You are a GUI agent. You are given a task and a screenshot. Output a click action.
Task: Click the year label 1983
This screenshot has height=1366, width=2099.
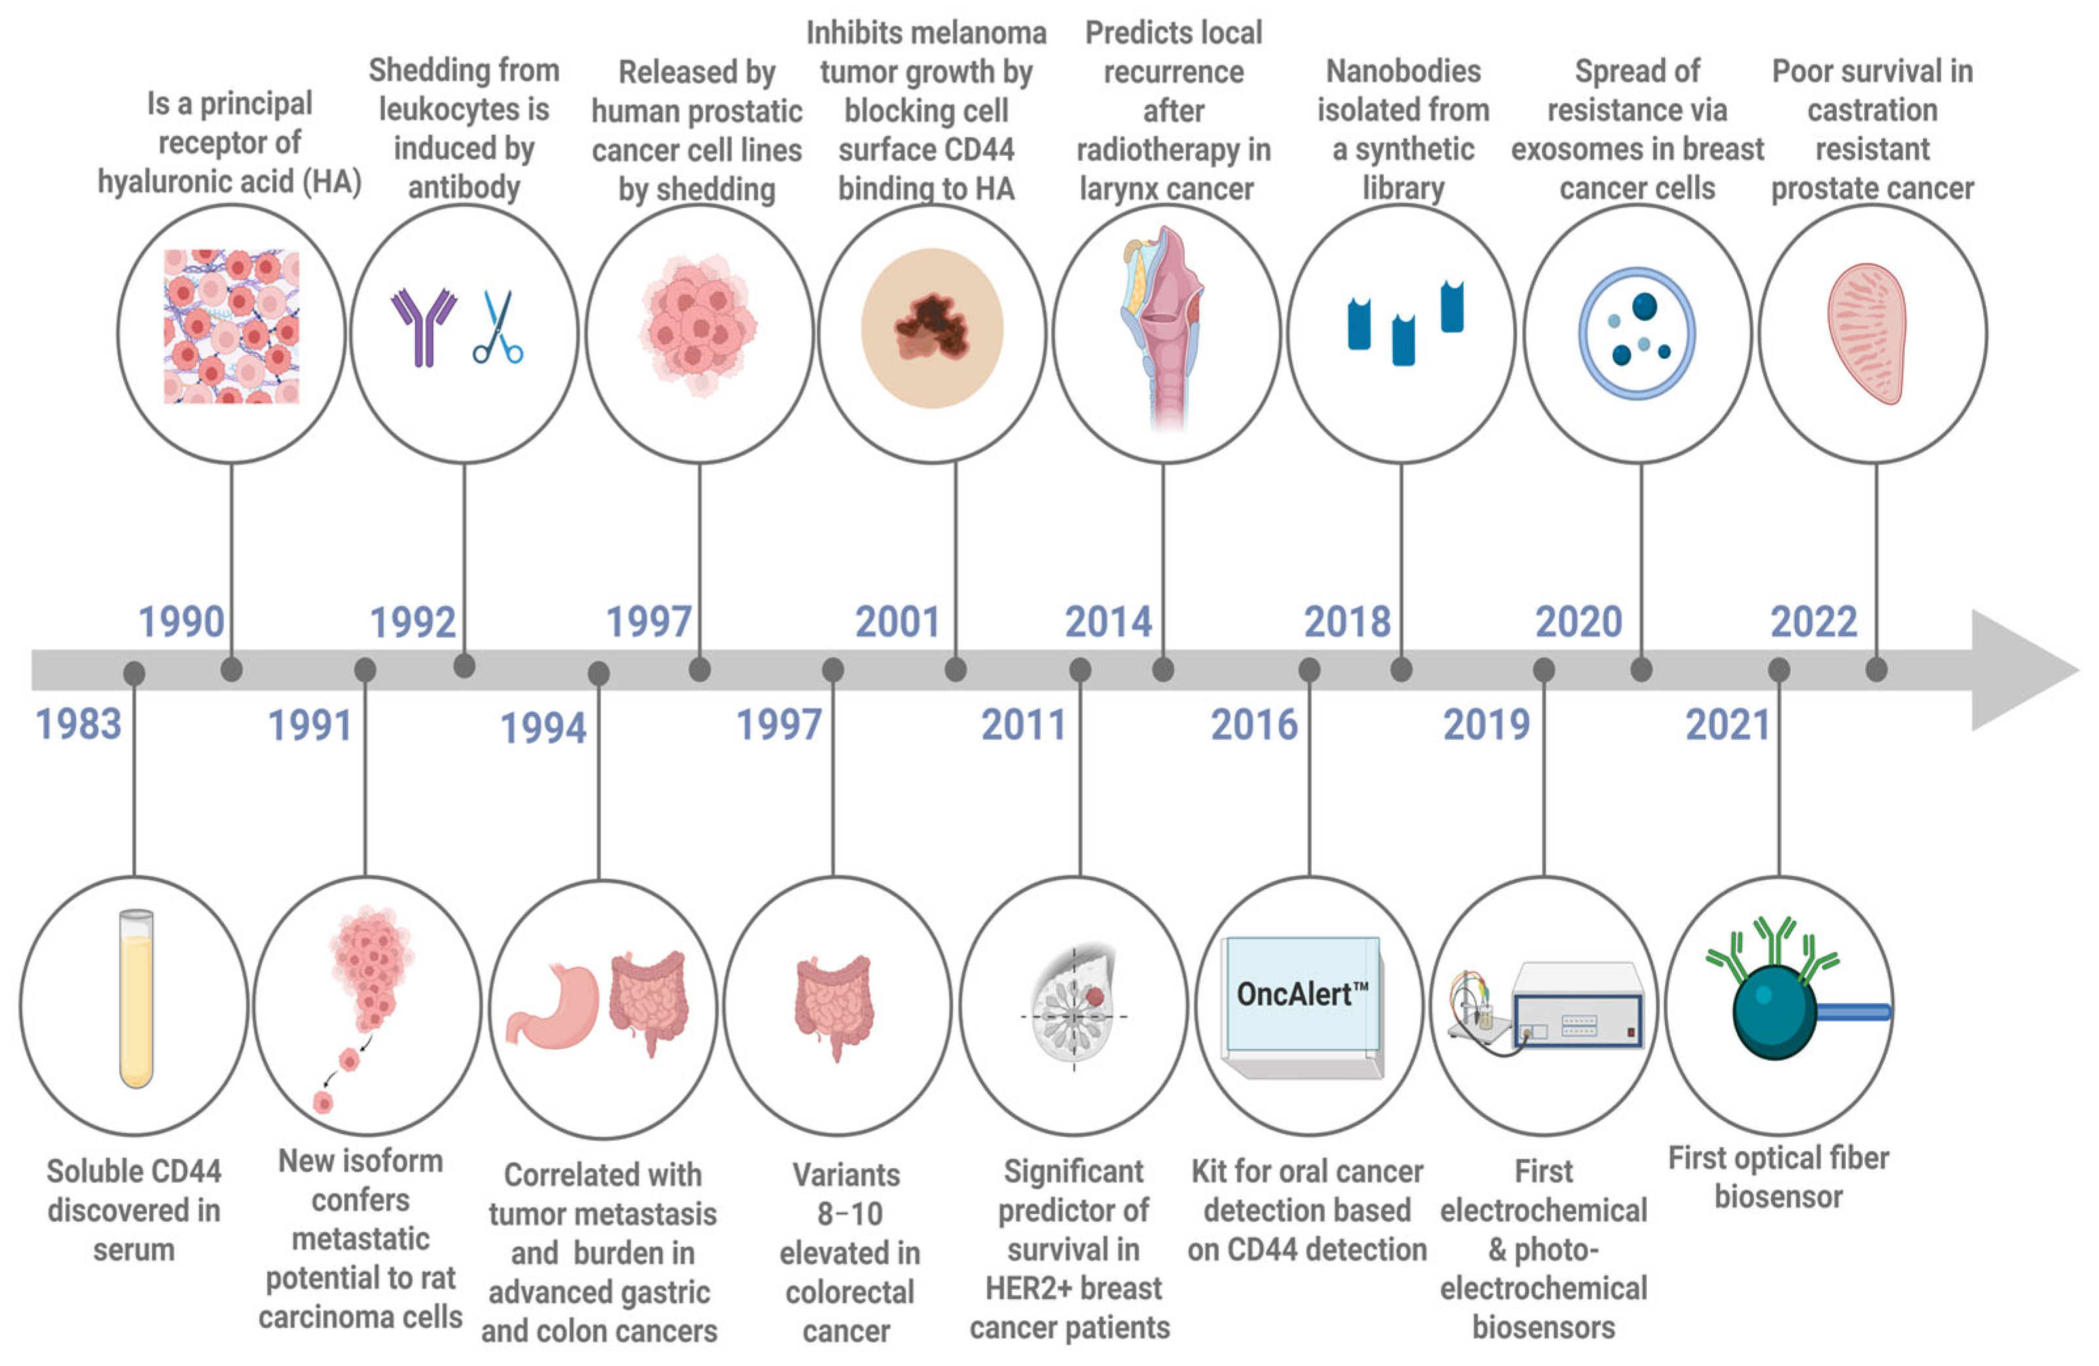point(79,724)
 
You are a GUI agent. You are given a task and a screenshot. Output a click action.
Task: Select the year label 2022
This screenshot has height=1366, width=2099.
point(1813,622)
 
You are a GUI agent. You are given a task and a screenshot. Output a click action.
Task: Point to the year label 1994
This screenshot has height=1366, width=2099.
point(542,729)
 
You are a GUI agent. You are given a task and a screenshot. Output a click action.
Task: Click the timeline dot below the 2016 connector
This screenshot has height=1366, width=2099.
point(1309,670)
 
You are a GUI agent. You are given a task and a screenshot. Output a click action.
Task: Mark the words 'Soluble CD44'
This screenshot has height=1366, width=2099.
point(134,1171)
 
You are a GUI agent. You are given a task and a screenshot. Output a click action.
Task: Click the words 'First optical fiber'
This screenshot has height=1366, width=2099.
point(1778,1158)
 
